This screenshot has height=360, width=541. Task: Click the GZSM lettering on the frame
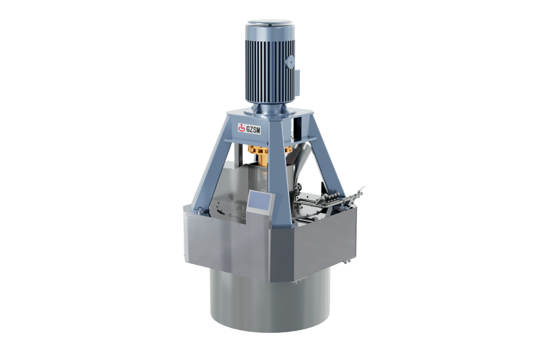click(253, 129)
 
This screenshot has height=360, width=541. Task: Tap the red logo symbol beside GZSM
click(242, 128)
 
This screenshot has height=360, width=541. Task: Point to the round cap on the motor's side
click(290, 62)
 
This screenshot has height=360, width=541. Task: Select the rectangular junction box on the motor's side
click(297, 83)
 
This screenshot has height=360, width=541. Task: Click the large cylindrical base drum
click(270, 300)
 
